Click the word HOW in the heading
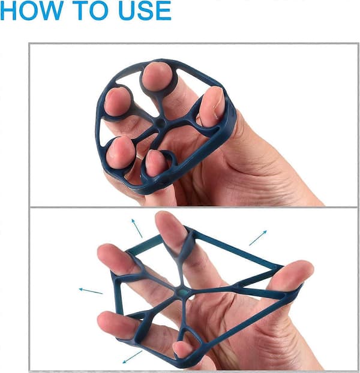coord(32,10)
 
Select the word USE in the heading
coord(145,11)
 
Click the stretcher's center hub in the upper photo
coord(161,124)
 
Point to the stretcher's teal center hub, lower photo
coord(182,293)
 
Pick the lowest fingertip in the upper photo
coord(155,164)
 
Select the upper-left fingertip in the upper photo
coord(118,102)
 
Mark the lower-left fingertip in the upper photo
coord(120,152)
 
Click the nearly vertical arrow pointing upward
coord(137,228)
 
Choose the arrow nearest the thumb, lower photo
coord(258,237)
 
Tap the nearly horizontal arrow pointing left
coord(91,291)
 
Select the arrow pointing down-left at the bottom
coord(132,357)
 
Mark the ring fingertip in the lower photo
coord(108,320)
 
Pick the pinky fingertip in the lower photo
coord(181,349)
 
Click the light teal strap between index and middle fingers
coord(145,245)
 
